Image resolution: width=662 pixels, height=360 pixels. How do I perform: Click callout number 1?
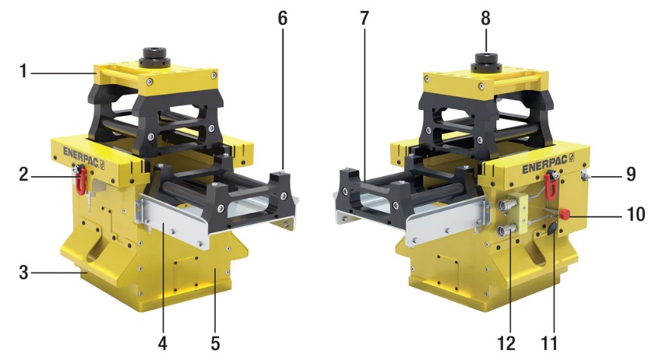tap(23, 71)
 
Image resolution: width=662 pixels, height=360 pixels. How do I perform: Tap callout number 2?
tap(23, 174)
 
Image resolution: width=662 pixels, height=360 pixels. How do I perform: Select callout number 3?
tap(23, 273)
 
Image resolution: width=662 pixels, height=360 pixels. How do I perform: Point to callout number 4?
tap(163, 343)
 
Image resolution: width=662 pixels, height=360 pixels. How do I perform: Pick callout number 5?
tap(215, 343)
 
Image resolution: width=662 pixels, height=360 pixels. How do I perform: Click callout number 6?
tap(283, 18)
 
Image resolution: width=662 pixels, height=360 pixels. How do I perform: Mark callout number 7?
tap(364, 18)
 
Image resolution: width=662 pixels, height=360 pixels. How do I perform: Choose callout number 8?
tap(485, 18)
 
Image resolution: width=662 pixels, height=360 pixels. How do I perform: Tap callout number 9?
tap(631, 174)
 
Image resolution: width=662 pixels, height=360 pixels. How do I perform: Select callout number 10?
tap(636, 214)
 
